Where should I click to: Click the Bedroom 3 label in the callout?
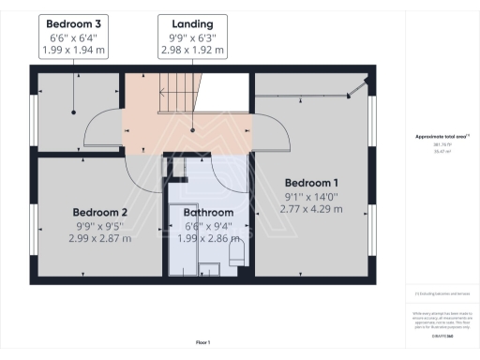tap(75, 23)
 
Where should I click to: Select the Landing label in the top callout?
tap(191, 23)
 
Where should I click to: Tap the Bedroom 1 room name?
tap(311, 182)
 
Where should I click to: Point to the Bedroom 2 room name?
tap(99, 212)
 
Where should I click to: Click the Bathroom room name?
tap(207, 212)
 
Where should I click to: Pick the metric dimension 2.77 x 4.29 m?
tap(311, 209)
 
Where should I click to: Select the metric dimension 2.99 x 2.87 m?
tap(99, 239)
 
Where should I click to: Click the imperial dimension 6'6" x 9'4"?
tap(207, 226)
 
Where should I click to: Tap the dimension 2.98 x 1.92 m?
tap(191, 50)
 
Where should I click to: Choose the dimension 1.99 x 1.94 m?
tap(75, 50)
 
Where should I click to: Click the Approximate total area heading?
tap(441, 137)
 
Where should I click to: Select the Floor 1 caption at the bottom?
tap(202, 343)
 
